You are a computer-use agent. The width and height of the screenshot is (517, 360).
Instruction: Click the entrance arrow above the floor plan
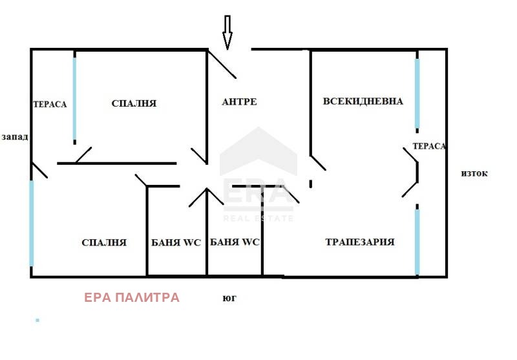point(227,32)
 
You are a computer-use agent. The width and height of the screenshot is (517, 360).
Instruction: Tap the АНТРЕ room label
point(239,102)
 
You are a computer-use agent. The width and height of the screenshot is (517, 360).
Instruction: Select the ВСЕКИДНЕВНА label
point(363,101)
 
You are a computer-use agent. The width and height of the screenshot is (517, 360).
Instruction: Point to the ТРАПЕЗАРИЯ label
point(359,242)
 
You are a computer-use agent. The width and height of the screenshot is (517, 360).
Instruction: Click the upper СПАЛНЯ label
point(134,103)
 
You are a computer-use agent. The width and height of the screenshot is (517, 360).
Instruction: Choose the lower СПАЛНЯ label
point(104,243)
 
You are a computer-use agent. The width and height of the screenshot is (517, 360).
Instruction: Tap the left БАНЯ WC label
point(176,243)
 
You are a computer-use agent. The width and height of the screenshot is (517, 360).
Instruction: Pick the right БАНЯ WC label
point(235,243)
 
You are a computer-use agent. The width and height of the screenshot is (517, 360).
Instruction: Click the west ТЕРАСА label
point(50,104)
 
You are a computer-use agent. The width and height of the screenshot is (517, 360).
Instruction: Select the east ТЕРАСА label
point(429,147)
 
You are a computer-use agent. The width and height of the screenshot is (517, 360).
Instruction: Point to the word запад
point(15,137)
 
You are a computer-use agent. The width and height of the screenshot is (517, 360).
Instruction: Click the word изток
point(474,173)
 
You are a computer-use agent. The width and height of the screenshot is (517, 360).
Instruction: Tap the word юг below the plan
point(229,299)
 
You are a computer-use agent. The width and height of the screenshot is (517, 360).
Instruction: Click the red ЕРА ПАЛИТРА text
point(131,298)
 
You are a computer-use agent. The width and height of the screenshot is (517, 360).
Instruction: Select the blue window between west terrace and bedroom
point(74,100)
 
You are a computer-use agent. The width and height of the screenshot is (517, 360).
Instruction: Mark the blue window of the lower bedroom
point(31,224)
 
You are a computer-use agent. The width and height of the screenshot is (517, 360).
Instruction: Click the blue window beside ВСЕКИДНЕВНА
point(417,94)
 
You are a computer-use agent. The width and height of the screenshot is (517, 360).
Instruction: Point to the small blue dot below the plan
point(37,320)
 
